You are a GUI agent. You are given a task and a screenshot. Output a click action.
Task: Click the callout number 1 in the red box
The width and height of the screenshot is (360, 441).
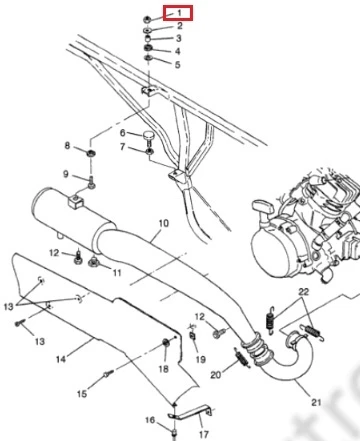click(179, 13)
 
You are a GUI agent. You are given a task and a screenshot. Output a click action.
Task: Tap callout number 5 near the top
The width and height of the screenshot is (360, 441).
click(177, 64)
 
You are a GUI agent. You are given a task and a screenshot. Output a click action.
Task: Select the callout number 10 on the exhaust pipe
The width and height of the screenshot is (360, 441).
click(164, 223)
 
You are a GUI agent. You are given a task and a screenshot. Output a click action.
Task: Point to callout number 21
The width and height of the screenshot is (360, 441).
click(316, 402)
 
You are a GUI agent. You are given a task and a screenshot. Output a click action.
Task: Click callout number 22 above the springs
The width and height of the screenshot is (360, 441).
click(303, 292)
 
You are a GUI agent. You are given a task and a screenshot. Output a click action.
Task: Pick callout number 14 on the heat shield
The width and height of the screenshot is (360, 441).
click(61, 359)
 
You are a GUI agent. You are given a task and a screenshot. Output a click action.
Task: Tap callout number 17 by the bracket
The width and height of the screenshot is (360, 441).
click(204, 434)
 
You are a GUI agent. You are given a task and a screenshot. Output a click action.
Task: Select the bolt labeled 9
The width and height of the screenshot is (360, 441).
click(91, 183)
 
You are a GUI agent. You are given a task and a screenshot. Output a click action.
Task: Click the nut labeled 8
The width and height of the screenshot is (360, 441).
click(90, 154)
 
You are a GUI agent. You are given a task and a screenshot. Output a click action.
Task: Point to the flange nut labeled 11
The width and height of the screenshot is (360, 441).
click(94, 262)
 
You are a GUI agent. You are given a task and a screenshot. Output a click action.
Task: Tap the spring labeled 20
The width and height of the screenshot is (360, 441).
click(243, 357)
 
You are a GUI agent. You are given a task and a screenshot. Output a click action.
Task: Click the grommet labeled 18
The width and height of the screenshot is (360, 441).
click(165, 342)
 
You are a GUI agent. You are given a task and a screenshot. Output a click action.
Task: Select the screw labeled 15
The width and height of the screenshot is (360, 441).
click(109, 374)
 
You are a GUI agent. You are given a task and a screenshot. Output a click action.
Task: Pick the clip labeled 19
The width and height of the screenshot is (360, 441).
click(193, 335)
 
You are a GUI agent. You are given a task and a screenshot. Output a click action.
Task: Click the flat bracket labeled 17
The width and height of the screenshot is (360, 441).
click(191, 414)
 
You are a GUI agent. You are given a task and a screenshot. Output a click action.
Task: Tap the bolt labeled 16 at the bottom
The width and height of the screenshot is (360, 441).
click(174, 434)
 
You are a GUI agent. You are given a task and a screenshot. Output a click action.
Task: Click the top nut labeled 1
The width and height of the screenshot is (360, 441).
click(146, 19)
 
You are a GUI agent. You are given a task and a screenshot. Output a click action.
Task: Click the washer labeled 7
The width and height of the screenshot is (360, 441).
click(149, 152)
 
